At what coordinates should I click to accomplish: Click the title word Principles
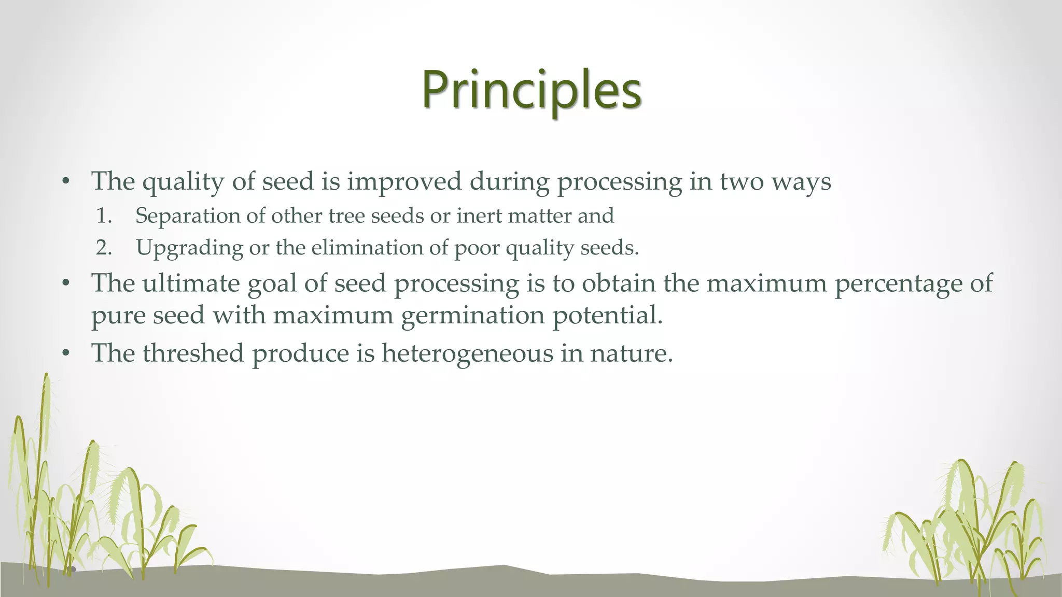(532, 91)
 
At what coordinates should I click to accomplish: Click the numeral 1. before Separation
(104, 216)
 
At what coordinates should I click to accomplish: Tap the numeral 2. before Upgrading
(104, 248)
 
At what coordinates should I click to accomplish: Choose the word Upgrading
(189, 248)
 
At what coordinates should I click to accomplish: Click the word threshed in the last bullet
(193, 353)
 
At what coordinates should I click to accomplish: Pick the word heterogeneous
(467, 354)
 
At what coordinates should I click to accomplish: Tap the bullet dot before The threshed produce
(65, 354)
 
